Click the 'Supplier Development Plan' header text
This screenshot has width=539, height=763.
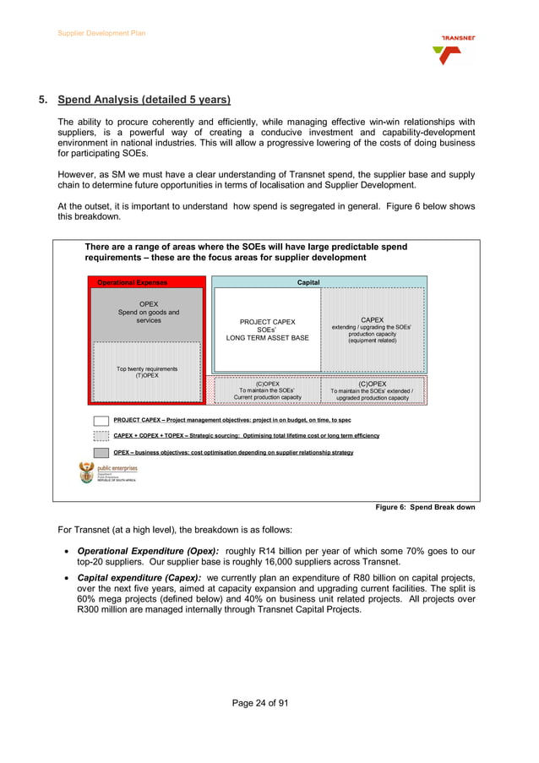point(101,33)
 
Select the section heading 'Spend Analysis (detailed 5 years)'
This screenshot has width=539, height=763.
point(144,100)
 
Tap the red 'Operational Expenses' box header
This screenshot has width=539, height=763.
point(133,282)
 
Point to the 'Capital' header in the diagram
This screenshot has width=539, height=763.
point(308,282)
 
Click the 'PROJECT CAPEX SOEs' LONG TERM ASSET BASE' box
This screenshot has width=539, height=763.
point(267,330)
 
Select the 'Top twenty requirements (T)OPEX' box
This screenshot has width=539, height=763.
point(147,372)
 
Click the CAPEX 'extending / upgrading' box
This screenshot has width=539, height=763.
point(372,330)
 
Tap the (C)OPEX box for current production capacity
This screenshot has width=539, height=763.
point(267,390)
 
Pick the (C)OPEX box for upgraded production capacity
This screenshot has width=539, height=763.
point(372,390)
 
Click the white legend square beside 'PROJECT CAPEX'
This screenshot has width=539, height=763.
point(101,420)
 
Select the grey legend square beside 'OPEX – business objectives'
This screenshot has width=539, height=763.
point(101,452)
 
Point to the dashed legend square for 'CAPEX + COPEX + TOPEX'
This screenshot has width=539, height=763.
point(101,436)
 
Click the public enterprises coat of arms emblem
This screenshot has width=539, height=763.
point(86,471)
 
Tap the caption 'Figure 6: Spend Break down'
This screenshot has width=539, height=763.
point(425,507)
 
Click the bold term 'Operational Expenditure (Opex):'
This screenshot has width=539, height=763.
point(136,551)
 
